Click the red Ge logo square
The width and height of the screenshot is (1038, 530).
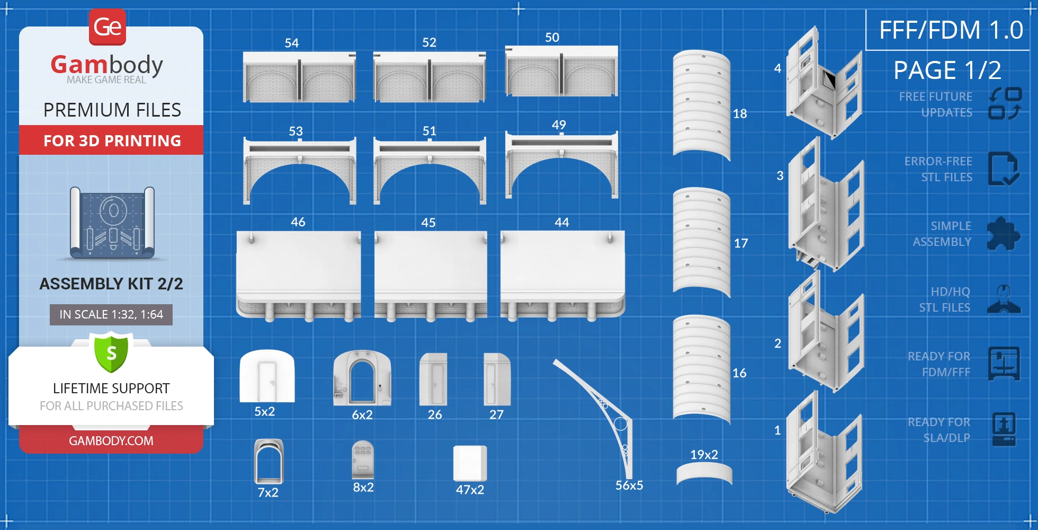108,26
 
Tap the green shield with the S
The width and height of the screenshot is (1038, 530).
111,352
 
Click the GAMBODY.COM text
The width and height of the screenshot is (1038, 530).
111,441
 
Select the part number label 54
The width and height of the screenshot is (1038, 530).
292,43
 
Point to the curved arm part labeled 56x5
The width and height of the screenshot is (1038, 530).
598,413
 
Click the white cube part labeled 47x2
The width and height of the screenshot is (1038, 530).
470,463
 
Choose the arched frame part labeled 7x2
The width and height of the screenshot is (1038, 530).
269,461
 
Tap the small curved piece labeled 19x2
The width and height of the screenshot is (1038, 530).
704,473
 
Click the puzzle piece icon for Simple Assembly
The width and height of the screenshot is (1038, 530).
1003,234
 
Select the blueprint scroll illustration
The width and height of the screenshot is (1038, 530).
112,223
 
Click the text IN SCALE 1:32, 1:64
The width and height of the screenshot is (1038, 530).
111,314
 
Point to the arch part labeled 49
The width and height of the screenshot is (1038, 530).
561,164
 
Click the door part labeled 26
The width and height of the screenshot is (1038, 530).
433,379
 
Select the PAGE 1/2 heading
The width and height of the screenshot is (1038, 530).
947,70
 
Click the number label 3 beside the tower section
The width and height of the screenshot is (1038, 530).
780,176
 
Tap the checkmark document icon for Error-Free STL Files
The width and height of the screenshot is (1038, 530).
1003,169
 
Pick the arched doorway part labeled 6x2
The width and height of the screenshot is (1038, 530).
362,377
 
